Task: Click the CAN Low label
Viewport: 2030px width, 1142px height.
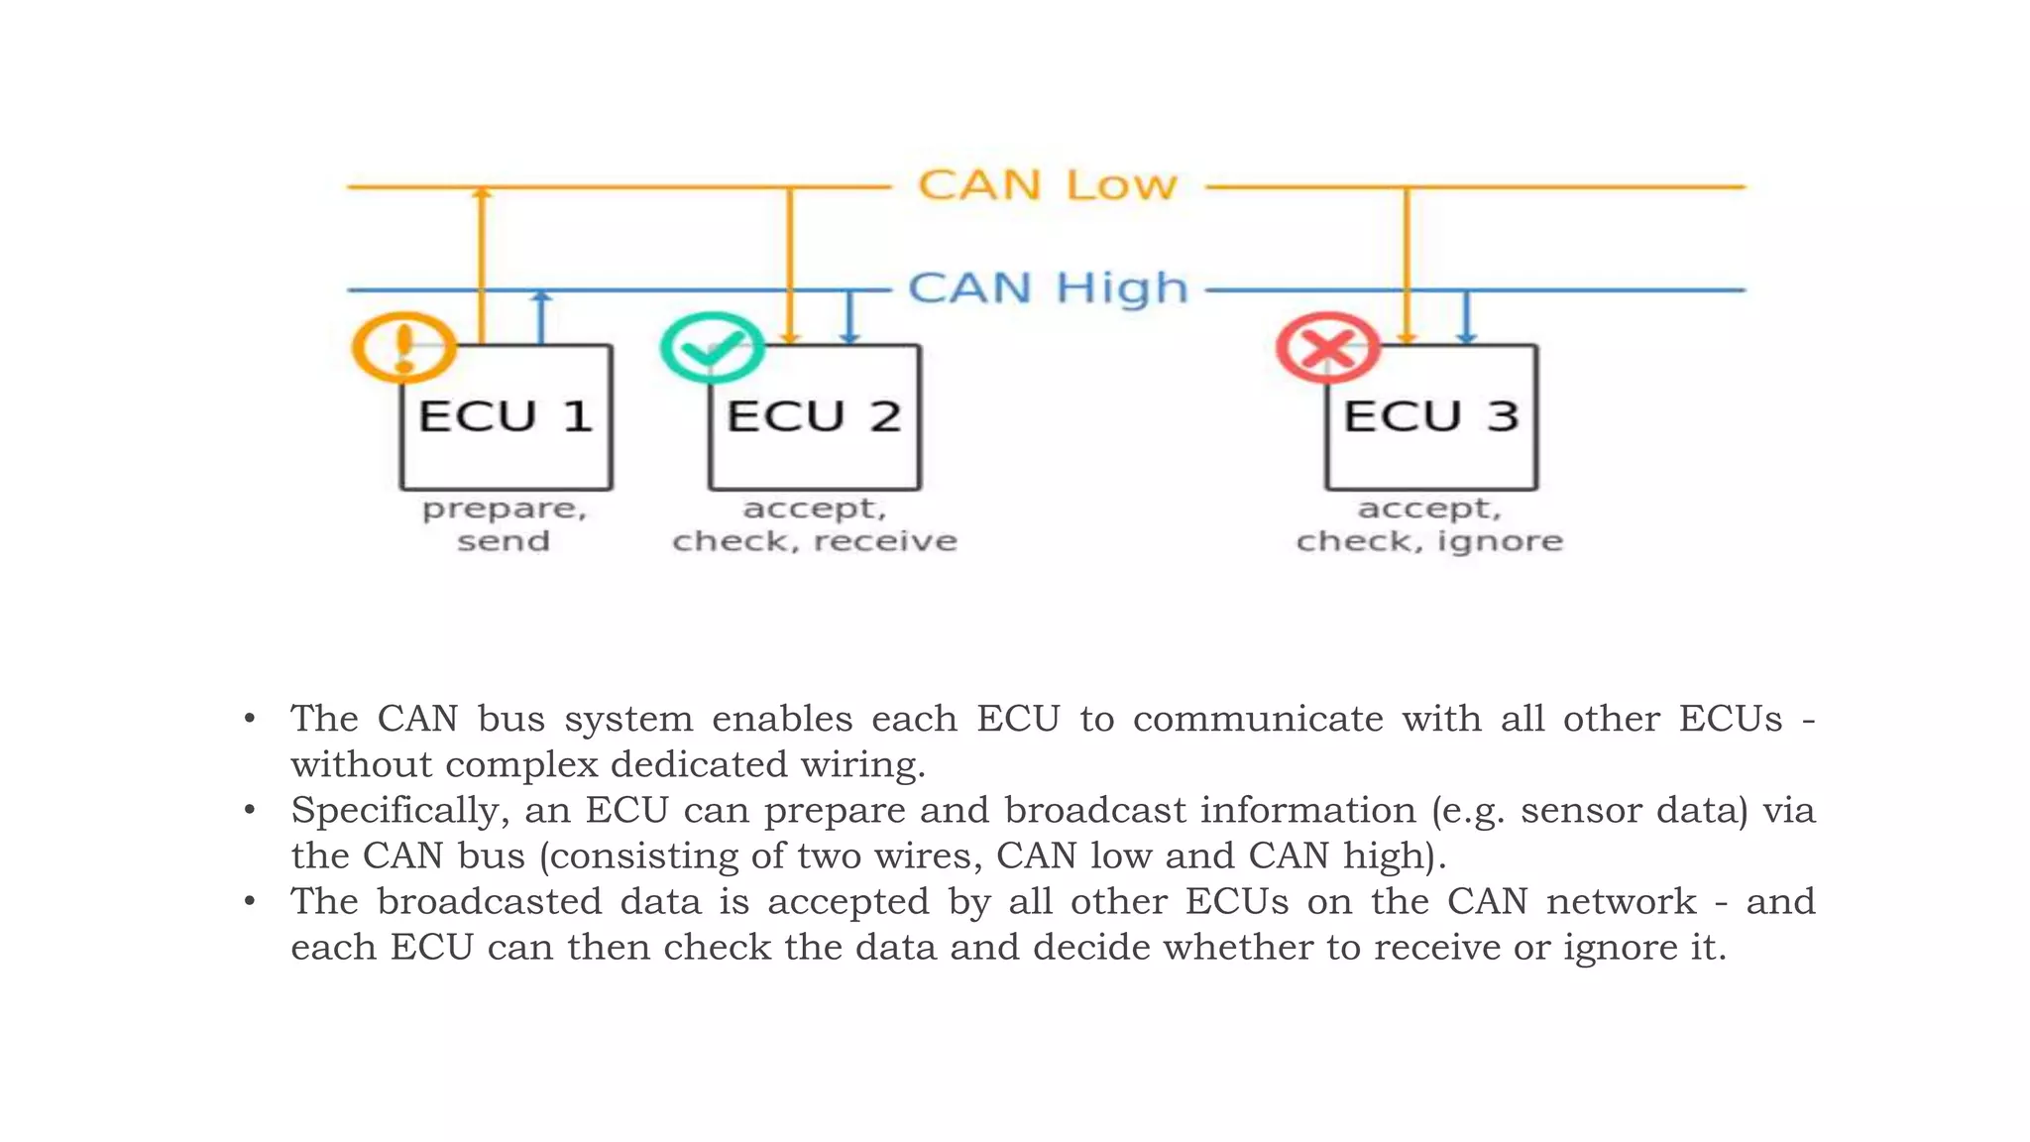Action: pos(1047,186)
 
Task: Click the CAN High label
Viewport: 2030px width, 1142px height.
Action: pos(1047,289)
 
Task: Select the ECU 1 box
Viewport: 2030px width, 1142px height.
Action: pos(507,417)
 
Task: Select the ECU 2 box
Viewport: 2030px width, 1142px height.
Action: pos(815,417)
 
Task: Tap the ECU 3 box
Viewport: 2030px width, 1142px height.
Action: pos(1431,417)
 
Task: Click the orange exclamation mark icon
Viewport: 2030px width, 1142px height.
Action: pos(403,347)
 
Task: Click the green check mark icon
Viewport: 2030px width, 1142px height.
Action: pos(712,347)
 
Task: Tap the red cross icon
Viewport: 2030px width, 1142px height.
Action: pos(1328,347)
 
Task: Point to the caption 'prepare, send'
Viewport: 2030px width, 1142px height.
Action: pos(504,524)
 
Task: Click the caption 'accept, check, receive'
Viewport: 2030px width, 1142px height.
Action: pos(815,524)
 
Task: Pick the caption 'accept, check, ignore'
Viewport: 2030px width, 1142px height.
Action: pos(1429,524)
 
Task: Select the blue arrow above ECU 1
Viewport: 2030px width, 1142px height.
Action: pos(541,317)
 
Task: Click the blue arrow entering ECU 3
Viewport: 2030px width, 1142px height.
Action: pos(1467,317)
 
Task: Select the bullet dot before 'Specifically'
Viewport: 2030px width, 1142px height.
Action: pos(250,811)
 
